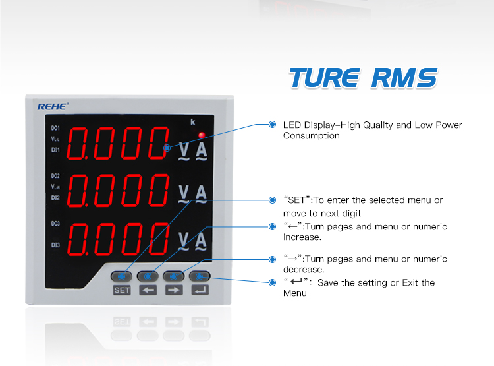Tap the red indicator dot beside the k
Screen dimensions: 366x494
pyautogui.click(x=202, y=136)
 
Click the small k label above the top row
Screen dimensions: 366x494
pyautogui.click(x=192, y=122)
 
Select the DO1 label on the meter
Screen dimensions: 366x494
pyautogui.click(x=55, y=127)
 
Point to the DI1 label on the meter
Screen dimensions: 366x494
pyautogui.click(x=55, y=150)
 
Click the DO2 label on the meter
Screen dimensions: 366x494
pyautogui.click(x=55, y=176)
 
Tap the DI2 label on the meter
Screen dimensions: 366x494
pyautogui.click(x=55, y=197)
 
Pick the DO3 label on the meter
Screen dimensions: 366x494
pyautogui.click(x=55, y=224)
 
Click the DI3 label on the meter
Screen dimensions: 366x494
pyautogui.click(x=55, y=245)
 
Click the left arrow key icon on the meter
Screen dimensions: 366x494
pyautogui.click(x=148, y=290)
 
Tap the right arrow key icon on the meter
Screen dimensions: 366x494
pyautogui.click(x=174, y=290)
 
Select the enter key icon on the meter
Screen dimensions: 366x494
pyautogui.click(x=200, y=290)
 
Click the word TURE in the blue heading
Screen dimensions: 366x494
pyautogui.click(x=324, y=78)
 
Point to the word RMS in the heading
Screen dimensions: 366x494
pyautogui.click(x=404, y=78)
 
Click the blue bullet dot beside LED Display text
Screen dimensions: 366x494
pyautogui.click(x=272, y=125)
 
